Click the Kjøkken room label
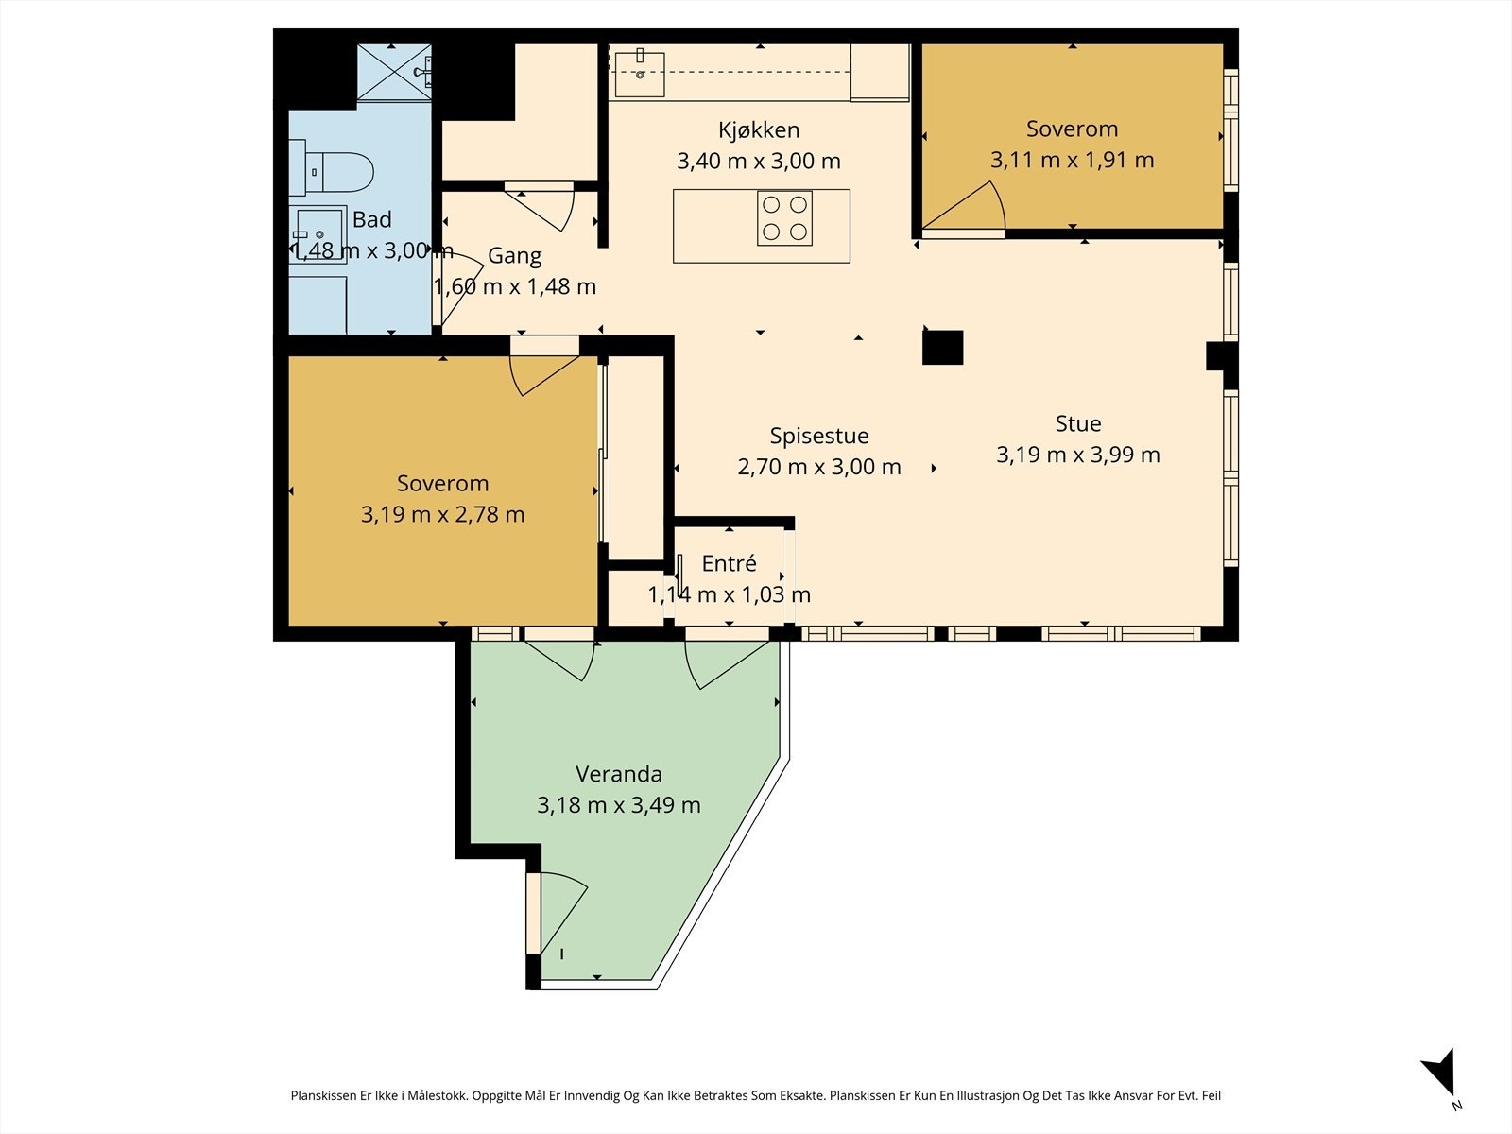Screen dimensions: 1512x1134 click(x=759, y=130)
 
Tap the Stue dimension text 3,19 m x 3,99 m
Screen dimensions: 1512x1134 click(x=1078, y=455)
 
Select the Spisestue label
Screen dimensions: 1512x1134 click(x=819, y=436)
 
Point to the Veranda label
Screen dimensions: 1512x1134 click(x=619, y=774)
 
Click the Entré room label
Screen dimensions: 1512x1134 click(x=729, y=563)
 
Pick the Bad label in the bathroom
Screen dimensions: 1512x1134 click(x=372, y=219)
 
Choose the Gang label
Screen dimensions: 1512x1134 click(x=515, y=256)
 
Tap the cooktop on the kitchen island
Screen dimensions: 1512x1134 click(x=784, y=217)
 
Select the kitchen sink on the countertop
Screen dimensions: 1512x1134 click(x=640, y=74)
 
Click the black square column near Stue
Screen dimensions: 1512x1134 click(x=942, y=347)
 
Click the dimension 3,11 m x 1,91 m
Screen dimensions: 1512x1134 click(x=1072, y=160)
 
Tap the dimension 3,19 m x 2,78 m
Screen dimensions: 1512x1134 click(x=443, y=514)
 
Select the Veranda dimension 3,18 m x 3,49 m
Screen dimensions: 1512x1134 click(x=619, y=805)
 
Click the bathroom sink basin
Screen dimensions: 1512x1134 click(x=318, y=234)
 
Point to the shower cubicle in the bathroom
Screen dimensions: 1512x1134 click(x=394, y=73)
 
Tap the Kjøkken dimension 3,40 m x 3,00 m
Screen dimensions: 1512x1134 click(x=759, y=161)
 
